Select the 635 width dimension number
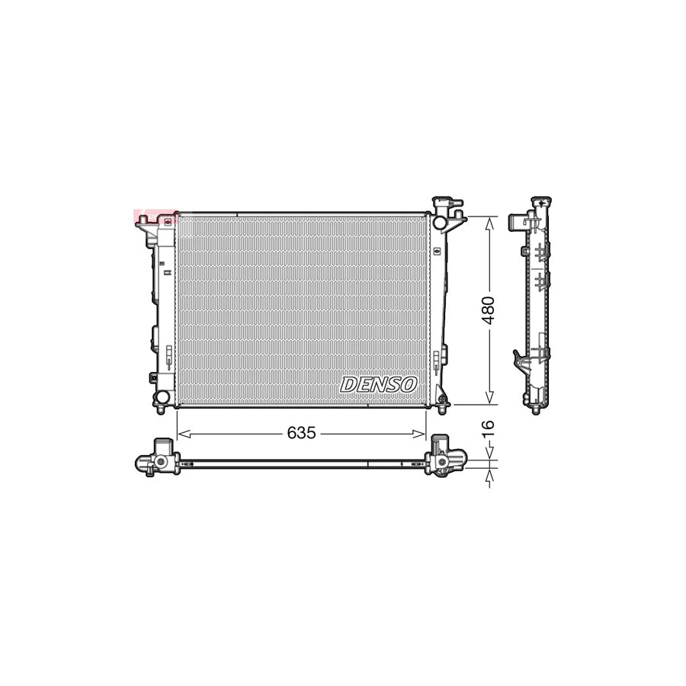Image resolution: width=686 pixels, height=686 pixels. pyautogui.click(x=301, y=433)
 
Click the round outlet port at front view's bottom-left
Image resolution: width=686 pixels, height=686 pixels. pyautogui.click(x=161, y=397)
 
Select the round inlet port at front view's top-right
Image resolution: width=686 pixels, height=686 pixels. pyautogui.click(x=440, y=222)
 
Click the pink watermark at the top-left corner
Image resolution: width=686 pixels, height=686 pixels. pyautogui.click(x=144, y=216)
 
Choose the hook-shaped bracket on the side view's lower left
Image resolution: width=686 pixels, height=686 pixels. pyautogui.click(x=518, y=357)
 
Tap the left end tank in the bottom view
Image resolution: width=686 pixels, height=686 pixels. pyautogui.click(x=157, y=457)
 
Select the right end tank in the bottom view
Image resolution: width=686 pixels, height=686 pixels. pyautogui.click(x=444, y=457)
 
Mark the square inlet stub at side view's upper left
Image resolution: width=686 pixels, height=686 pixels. pyautogui.click(x=516, y=222)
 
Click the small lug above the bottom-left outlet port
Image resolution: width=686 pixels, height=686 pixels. pyautogui.click(x=154, y=378)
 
